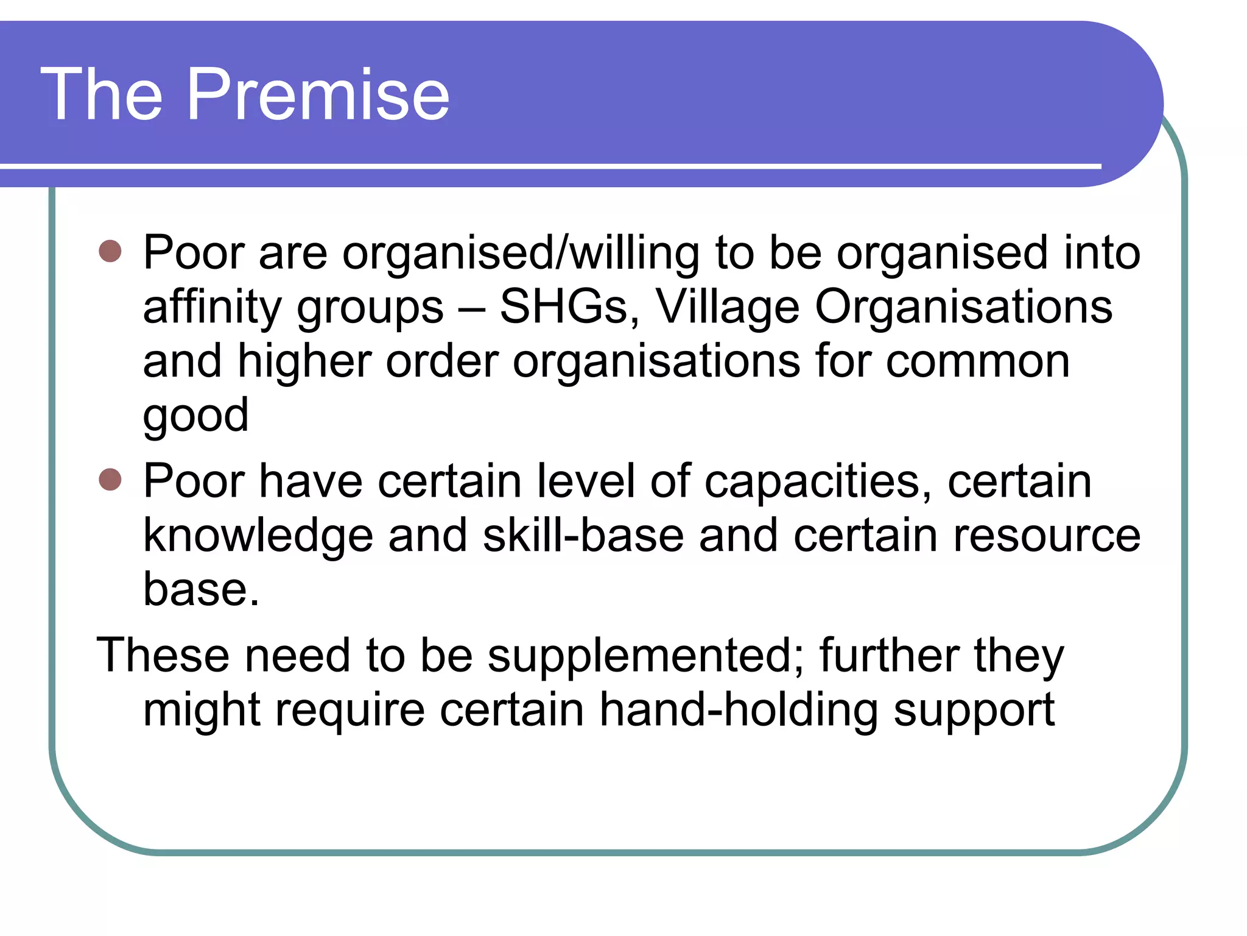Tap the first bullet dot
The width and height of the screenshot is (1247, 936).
point(110,251)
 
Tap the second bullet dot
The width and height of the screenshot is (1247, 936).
point(110,480)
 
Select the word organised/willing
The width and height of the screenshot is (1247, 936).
point(521,253)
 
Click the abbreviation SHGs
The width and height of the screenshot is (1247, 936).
point(569,307)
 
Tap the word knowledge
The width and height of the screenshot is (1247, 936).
point(258,536)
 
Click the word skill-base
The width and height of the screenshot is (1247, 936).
point(583,536)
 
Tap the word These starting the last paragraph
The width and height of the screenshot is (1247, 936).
point(163,656)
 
